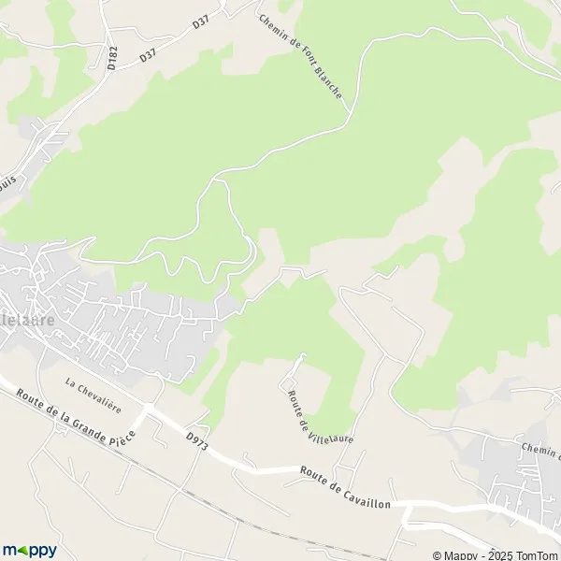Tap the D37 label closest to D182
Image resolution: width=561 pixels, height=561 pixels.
point(148,55)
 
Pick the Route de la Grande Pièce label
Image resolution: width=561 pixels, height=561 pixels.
point(75,417)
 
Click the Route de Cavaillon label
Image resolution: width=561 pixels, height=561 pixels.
point(347,484)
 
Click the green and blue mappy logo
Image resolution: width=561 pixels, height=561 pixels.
point(29,550)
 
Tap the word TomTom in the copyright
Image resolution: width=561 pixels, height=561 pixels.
point(533,554)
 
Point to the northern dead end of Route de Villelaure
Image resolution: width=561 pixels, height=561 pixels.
point(301,354)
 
